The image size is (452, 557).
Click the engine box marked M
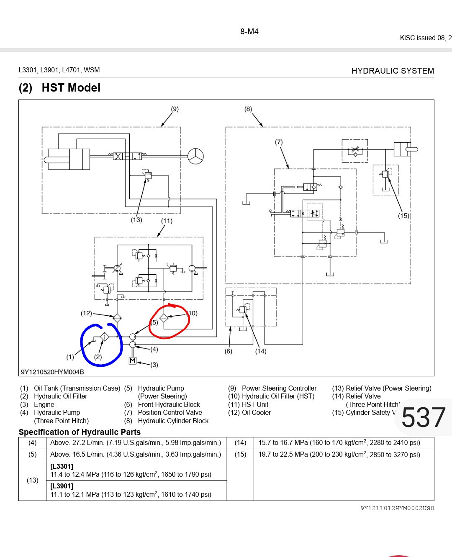(133, 360)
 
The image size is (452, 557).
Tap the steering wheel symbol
(195, 156)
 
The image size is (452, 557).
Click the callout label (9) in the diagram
(175, 109)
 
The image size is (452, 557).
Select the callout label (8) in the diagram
(248, 109)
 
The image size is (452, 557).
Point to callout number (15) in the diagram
(403, 216)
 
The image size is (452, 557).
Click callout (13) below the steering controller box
(136, 220)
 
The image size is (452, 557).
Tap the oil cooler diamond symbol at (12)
(117, 318)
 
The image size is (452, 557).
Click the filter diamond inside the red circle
(164, 318)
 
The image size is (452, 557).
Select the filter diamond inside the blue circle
(104, 337)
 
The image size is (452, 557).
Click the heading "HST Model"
(71, 88)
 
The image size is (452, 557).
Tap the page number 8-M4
(249, 32)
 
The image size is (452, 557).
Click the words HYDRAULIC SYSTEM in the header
(393, 71)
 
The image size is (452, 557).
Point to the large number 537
(424, 417)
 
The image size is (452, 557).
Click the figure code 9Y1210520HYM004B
(52, 372)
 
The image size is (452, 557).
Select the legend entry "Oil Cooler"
(256, 413)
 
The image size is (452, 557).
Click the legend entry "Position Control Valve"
(170, 413)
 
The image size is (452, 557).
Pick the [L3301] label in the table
(62, 466)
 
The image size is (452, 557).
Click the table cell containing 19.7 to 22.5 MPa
(339, 455)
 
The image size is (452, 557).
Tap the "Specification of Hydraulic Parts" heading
(80, 432)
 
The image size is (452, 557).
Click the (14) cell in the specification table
(240, 442)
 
